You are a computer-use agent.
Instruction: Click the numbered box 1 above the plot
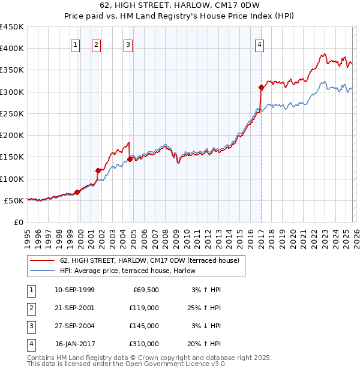76,44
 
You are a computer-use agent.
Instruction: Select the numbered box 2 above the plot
97,44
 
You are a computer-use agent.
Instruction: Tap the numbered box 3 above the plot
128,44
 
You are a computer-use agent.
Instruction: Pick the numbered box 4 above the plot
259,44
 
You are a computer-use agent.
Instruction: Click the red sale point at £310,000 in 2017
261,88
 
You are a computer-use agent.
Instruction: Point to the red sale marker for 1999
77,193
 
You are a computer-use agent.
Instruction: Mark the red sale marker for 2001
98,171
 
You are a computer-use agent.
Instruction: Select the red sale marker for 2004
130,160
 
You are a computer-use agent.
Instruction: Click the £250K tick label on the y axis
12,114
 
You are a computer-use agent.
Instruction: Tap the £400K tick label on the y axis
12,49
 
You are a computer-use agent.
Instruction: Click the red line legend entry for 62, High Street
149,260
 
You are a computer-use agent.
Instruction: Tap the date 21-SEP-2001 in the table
74,307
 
